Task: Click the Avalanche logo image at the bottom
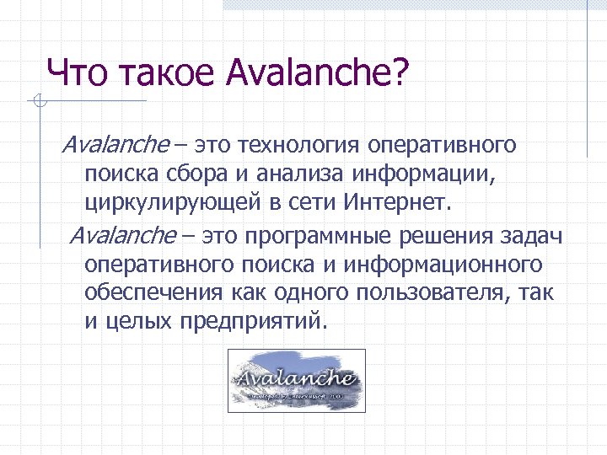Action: pos(297,381)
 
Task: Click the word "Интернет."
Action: pos(399,203)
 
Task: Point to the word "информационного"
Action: pos(435,265)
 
